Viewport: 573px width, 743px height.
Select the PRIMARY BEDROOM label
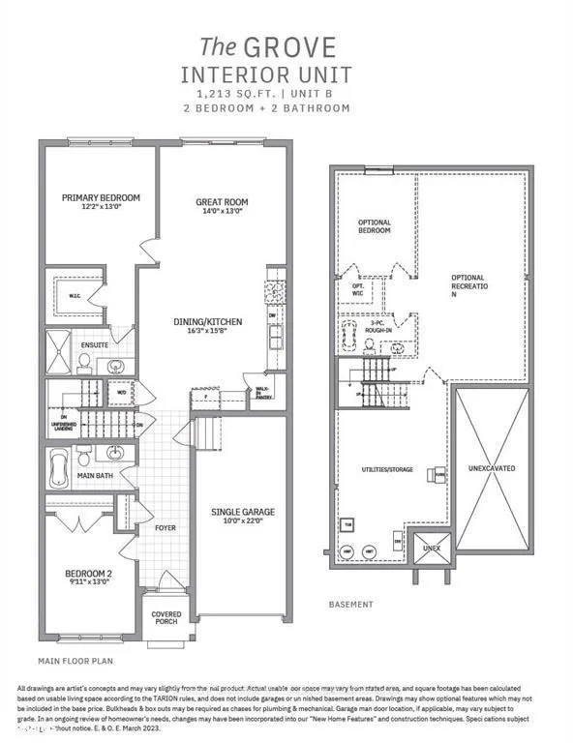coord(101,198)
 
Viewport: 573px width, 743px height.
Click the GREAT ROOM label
coord(224,203)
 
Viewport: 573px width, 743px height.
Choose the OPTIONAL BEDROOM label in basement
coord(374,226)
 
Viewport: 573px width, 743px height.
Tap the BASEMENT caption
coord(350,605)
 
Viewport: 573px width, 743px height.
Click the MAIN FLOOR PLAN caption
coord(76,662)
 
